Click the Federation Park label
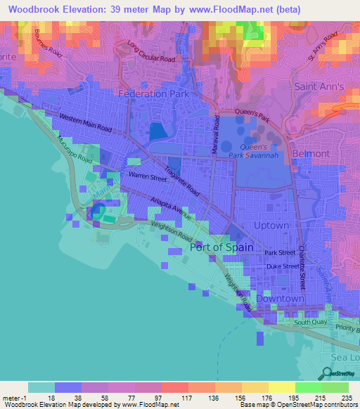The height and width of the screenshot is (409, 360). [148, 93]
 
